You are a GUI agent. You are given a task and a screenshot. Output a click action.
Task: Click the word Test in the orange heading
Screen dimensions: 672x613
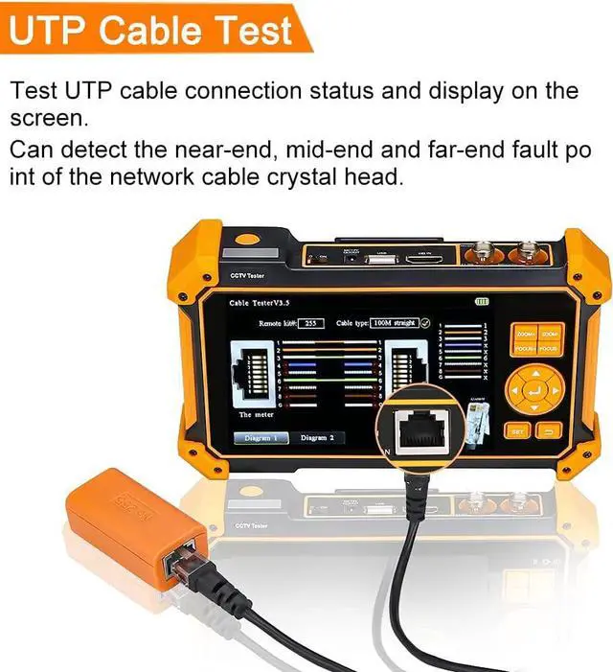252,31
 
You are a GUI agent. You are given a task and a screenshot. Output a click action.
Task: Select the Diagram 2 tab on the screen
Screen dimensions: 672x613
317,437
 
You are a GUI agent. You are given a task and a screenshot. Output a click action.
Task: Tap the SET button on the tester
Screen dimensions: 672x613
517,431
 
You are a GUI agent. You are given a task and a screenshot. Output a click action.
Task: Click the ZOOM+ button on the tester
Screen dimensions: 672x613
525,335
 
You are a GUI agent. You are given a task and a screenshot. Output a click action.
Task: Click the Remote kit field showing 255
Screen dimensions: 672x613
309,324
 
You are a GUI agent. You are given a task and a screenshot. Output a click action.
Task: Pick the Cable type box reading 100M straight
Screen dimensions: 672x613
393,323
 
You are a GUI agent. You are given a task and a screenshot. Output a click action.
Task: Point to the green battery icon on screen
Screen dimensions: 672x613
481,301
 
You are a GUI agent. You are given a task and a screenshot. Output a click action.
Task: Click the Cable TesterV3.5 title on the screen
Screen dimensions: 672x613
260,303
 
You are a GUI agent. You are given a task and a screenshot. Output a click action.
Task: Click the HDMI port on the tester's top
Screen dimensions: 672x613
421,256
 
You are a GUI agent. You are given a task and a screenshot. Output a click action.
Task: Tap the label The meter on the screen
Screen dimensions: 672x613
257,415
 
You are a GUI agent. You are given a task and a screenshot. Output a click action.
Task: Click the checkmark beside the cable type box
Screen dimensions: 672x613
425,323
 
